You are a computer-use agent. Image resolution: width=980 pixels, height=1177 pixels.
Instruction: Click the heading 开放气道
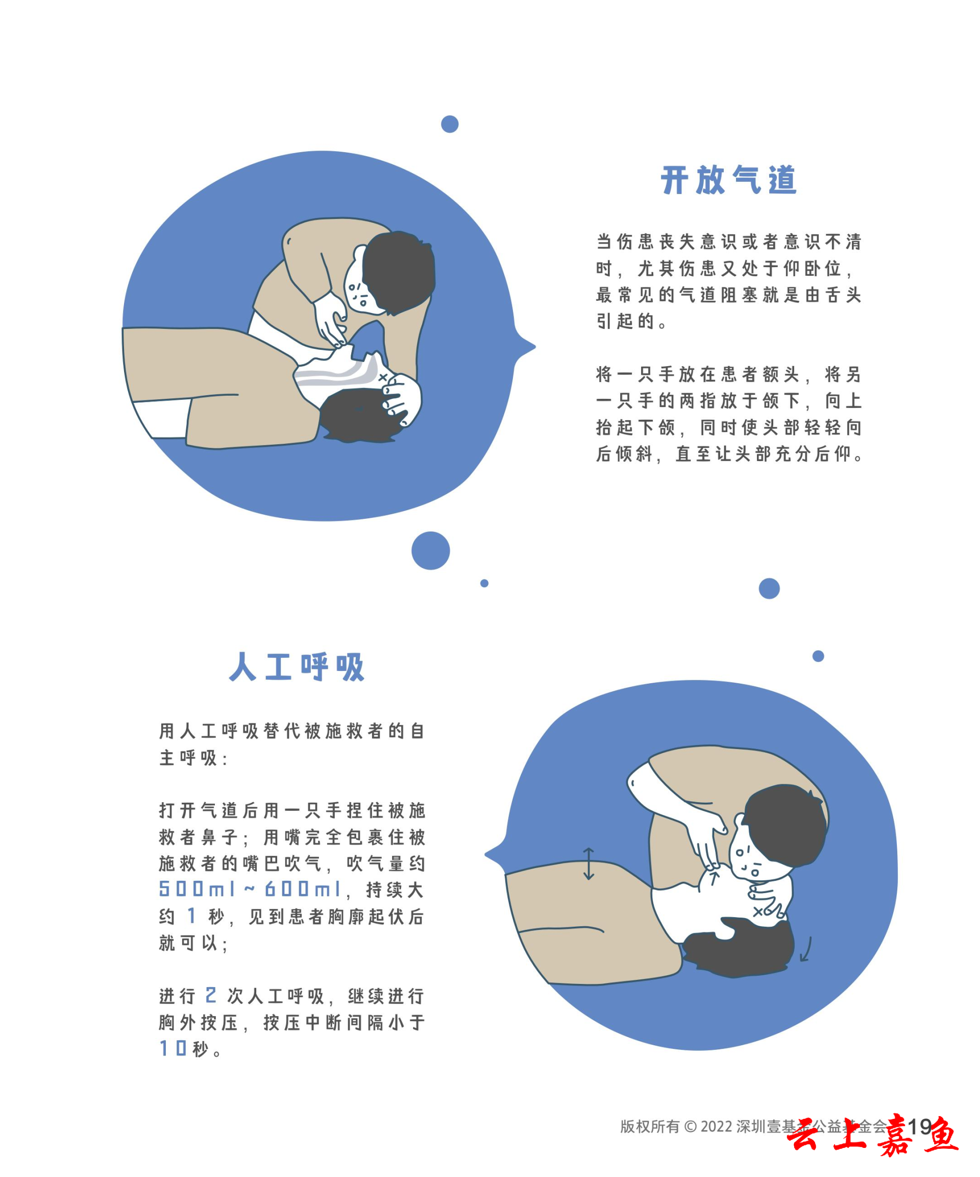click(728, 180)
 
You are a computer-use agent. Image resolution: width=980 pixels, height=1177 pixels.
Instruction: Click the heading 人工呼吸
click(297, 666)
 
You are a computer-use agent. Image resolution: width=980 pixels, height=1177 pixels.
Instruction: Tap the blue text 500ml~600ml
click(250, 889)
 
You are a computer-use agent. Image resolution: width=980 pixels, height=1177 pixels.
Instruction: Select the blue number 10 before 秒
click(173, 1048)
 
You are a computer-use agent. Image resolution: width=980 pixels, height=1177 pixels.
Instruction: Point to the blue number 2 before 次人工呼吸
click(211, 995)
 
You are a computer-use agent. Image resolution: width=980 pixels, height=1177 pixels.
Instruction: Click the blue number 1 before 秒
click(191, 915)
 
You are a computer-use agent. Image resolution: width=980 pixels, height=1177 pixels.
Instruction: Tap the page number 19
click(919, 1126)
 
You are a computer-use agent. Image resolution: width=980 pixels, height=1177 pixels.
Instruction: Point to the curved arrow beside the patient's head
click(807, 949)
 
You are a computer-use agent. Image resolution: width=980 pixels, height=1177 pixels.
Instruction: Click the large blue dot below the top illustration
click(430, 550)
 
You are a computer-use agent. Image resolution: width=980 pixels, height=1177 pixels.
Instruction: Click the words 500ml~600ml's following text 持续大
click(395, 890)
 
